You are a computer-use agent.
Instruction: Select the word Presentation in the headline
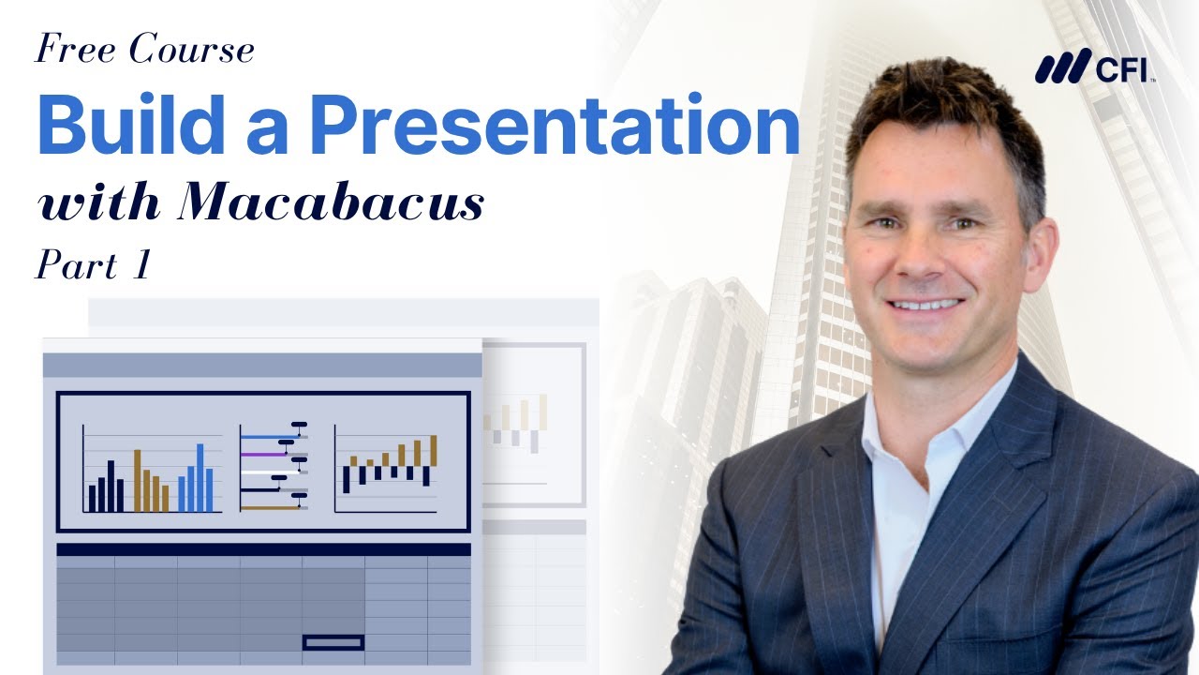pyautogui.click(x=555, y=127)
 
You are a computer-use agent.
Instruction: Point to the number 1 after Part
pyautogui.click(x=141, y=265)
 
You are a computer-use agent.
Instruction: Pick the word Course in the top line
pyautogui.click(x=192, y=50)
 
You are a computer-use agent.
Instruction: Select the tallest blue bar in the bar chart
pyautogui.click(x=200, y=477)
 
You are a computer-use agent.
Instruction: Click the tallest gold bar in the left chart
pyautogui.click(x=138, y=480)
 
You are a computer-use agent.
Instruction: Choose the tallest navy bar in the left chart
pyautogui.click(x=111, y=486)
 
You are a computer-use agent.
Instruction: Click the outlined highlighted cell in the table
pyautogui.click(x=333, y=642)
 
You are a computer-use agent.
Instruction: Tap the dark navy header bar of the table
pyautogui.click(x=263, y=549)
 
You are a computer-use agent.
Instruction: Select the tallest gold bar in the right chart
pyautogui.click(x=434, y=450)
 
